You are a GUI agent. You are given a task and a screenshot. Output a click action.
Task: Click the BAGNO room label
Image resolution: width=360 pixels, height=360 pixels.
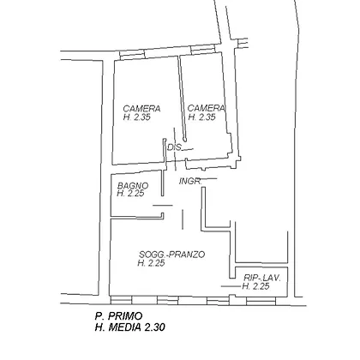[133, 186]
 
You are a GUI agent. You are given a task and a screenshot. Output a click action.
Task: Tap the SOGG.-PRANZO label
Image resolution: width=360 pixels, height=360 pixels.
[171, 255]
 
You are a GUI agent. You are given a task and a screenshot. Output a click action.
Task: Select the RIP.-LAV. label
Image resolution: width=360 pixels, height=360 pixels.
[262, 278]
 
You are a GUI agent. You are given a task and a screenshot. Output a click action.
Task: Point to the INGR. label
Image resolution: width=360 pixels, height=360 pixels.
[190, 181]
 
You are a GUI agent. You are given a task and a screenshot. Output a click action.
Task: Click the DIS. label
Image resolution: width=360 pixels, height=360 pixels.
[175, 147]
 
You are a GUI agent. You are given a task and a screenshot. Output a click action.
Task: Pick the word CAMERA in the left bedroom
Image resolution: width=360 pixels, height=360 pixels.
[141, 109]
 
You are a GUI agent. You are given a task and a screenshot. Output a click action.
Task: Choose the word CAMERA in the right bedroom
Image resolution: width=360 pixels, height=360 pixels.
[207, 108]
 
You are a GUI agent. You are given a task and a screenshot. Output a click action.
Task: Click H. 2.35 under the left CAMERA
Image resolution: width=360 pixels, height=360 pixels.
[137, 117]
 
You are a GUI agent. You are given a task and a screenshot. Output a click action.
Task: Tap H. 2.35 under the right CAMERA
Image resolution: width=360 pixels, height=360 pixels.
[201, 117]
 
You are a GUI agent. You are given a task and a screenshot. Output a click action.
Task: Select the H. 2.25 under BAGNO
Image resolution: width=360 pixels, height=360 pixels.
[130, 194]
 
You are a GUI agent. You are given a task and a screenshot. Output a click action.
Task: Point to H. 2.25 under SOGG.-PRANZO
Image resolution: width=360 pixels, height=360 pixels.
[151, 263]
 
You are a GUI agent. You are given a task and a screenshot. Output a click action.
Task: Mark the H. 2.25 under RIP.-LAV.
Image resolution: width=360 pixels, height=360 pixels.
[255, 286]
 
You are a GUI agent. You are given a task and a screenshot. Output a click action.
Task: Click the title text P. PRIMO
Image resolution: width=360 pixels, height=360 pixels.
[118, 316]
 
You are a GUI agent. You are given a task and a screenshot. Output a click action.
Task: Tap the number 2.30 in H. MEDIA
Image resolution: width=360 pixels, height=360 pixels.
[154, 327]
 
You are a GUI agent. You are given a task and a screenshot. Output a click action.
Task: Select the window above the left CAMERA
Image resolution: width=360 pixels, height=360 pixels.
[132, 55]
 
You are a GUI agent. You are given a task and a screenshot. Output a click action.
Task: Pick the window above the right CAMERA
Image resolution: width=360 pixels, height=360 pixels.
[202, 49]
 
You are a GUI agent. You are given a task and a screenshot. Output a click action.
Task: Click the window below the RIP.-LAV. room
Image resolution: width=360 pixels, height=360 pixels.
[261, 301]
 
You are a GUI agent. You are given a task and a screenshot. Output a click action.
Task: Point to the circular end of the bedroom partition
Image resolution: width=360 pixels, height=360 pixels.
[185, 140]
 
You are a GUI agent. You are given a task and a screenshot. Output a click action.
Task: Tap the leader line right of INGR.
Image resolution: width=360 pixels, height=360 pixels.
[208, 179]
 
